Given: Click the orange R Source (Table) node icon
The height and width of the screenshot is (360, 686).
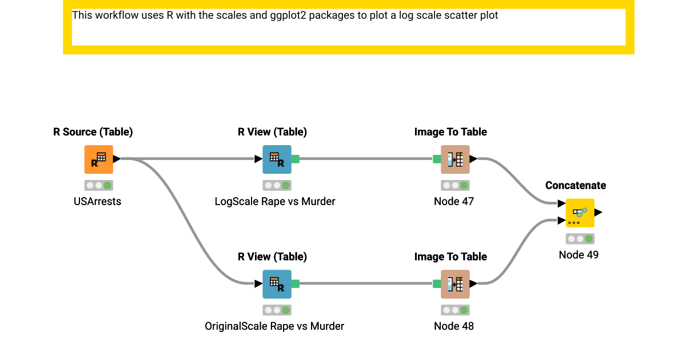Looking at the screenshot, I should click(98, 159).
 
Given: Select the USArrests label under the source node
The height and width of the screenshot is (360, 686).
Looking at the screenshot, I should click(98, 201).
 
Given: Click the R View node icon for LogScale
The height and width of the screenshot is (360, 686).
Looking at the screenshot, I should click(277, 159).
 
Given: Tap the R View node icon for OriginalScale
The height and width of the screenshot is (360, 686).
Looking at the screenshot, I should click(277, 284).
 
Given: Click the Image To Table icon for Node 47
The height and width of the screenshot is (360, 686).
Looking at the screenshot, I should click(455, 159).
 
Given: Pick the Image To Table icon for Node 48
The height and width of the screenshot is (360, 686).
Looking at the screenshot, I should click(455, 284).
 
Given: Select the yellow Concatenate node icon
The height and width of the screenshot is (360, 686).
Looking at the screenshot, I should click(580, 213).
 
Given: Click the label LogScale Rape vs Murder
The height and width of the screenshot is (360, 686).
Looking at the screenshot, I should click(275, 201).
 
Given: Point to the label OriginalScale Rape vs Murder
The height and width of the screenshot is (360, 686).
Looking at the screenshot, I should click(274, 326).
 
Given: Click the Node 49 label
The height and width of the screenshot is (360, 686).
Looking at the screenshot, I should click(579, 255).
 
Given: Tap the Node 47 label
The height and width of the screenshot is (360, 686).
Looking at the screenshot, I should click(454, 201).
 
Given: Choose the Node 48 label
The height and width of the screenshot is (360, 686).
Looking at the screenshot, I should click(454, 326).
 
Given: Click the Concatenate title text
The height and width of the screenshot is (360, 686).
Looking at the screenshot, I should click(576, 185).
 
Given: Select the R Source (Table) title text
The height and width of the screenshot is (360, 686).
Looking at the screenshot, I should click(93, 132).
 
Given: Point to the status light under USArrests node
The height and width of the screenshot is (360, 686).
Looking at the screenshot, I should click(98, 185).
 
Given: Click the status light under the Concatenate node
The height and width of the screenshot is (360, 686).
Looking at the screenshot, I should click(580, 239).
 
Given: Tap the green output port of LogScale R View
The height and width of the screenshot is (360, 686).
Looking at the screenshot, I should click(296, 159).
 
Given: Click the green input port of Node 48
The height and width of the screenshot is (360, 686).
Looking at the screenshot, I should click(437, 284).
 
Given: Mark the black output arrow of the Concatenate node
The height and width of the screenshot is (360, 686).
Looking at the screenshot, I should click(598, 213).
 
